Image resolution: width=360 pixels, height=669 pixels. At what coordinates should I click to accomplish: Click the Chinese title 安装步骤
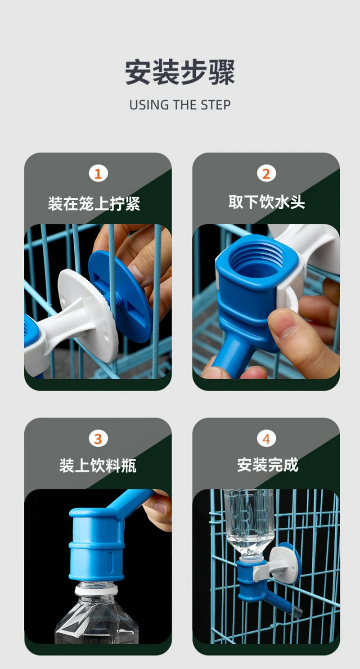point(180,72)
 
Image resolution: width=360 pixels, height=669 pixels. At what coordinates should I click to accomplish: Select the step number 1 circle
point(98,173)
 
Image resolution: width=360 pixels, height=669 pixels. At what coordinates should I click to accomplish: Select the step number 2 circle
point(266,173)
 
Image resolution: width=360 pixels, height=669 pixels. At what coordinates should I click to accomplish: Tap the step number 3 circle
point(98,438)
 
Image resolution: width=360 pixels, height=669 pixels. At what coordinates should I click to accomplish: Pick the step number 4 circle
point(266,438)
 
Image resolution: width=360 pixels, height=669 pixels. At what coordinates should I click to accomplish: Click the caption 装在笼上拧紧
point(94,203)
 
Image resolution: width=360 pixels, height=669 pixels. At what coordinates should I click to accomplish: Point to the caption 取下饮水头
point(266,202)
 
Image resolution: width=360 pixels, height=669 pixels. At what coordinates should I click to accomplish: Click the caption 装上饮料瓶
point(98,465)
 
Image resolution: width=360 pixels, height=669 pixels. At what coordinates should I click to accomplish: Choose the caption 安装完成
point(267,465)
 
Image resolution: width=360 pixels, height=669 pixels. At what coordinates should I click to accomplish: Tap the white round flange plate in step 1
point(90,310)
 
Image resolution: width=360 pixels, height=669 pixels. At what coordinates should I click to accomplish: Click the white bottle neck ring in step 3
point(96,588)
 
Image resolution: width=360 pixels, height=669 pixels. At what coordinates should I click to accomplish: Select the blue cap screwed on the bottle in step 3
point(96,544)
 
